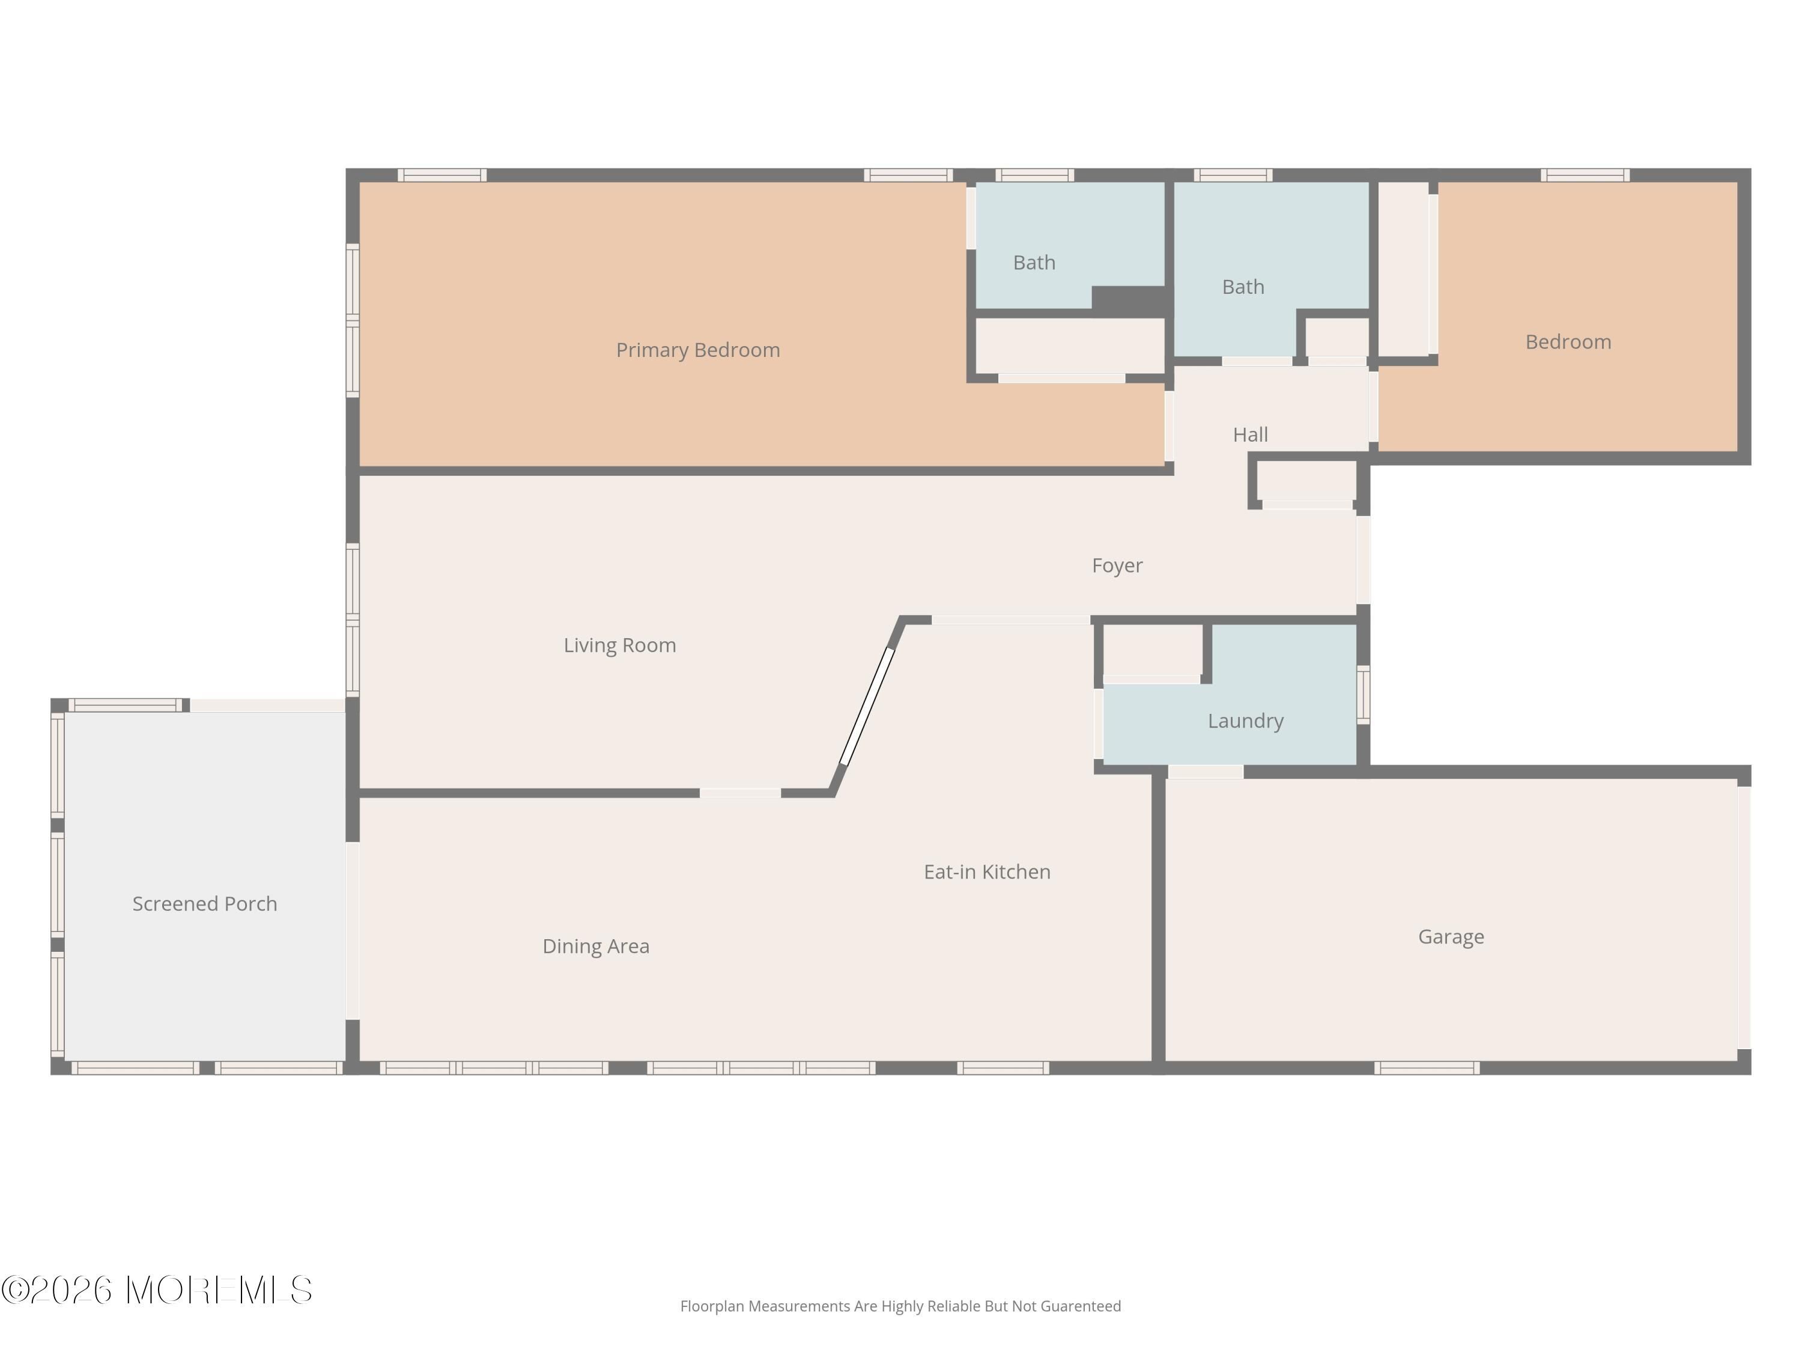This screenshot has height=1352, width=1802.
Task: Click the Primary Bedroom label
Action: point(697,350)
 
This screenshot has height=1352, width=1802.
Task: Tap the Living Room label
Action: point(619,645)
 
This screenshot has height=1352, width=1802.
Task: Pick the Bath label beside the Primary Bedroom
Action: point(1034,263)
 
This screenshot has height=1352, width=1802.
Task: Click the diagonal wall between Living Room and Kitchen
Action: point(867,706)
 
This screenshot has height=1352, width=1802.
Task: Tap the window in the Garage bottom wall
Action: point(1427,1068)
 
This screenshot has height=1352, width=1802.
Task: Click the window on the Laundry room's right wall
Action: point(1363,695)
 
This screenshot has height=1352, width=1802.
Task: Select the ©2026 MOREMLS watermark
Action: point(156,1290)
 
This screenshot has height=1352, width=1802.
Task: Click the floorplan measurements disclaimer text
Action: point(900,1306)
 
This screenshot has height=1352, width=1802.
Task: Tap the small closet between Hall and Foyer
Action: point(1306,482)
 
